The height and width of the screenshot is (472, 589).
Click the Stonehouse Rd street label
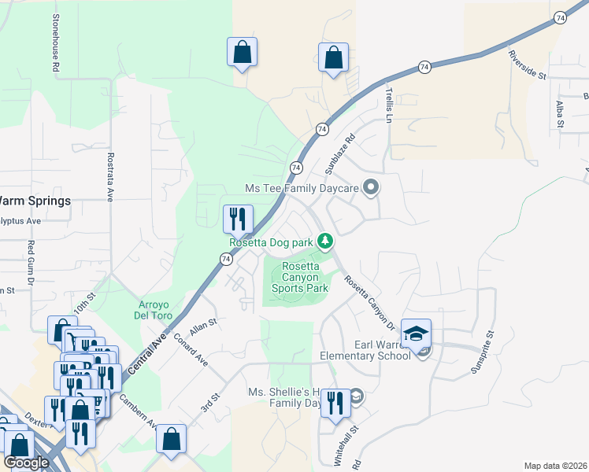pyautogui.click(x=57, y=44)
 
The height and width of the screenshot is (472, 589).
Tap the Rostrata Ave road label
pyautogui.click(x=110, y=178)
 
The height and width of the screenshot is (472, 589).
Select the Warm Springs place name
pyautogui.click(x=35, y=201)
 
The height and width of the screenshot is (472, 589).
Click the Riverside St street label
pyautogui.click(x=527, y=65)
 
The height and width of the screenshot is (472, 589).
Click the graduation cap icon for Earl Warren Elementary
pyautogui.click(x=416, y=334)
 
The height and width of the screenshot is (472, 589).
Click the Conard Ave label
pyautogui.click(x=191, y=351)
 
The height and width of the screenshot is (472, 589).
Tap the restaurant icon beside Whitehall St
pyautogui.click(x=336, y=404)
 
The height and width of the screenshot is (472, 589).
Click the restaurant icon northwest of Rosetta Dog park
pyautogui.click(x=238, y=219)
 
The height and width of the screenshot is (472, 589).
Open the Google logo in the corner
pyautogui.click(x=26, y=463)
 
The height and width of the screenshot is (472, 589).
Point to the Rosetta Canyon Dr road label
pyautogui.click(x=369, y=301)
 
